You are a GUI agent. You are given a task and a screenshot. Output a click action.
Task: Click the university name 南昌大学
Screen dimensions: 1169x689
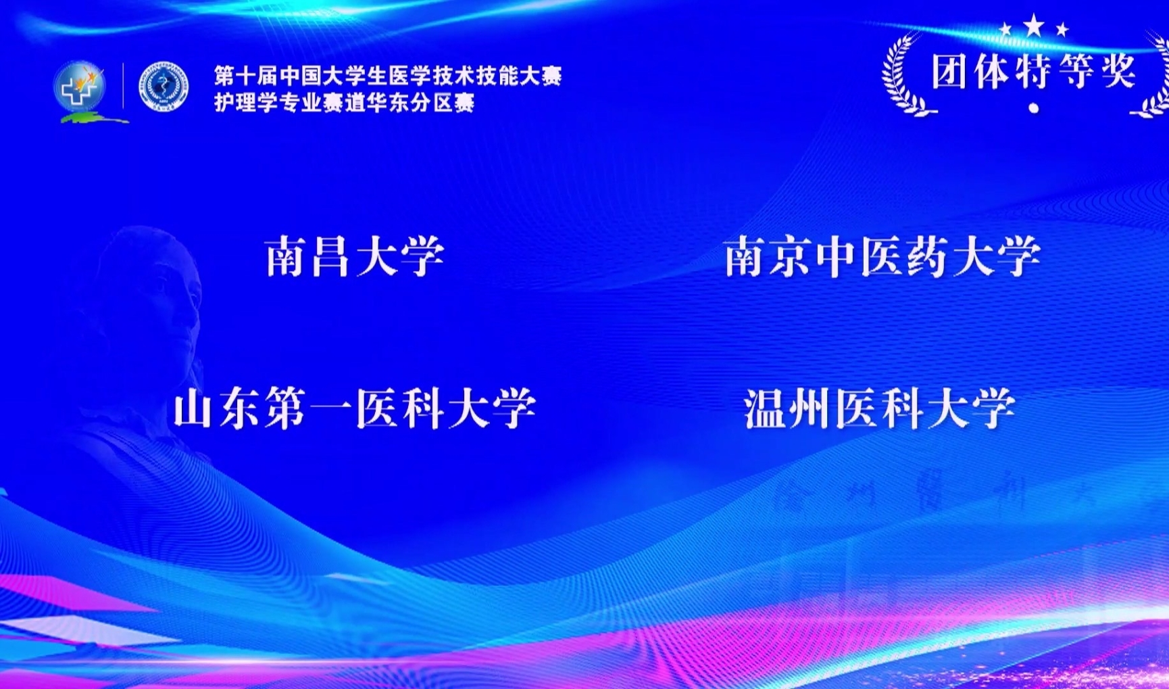tap(355, 256)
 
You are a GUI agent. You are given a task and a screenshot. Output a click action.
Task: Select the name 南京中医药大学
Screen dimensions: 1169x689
tap(882, 256)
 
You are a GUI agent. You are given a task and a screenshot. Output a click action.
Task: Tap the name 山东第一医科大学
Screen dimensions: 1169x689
tap(355, 408)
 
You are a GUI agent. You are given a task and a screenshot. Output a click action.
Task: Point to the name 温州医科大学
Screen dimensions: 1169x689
tap(880, 408)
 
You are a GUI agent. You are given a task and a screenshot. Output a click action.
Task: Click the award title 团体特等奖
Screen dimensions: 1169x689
tap(1033, 71)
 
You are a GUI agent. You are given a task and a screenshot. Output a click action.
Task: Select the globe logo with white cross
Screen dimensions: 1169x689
tap(81, 88)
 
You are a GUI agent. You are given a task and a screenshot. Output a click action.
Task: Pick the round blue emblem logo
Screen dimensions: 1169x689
tap(164, 87)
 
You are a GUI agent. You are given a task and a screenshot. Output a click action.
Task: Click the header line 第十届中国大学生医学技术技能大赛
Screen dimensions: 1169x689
tap(388, 76)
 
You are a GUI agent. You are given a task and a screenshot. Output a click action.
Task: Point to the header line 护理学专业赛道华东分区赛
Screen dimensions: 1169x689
tap(345, 103)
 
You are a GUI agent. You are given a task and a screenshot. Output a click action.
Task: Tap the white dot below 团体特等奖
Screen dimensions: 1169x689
tap(1033, 108)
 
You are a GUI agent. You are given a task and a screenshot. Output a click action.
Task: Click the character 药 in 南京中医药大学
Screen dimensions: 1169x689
tap(928, 256)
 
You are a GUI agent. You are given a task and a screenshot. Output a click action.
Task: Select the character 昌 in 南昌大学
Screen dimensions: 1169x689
tap(332, 256)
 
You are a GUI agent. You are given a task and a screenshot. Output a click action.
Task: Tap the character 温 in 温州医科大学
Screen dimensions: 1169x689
tap(766, 408)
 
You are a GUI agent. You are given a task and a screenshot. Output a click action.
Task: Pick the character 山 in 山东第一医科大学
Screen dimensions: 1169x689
tap(195, 408)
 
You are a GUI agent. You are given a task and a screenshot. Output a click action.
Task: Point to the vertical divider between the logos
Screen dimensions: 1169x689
tap(123, 86)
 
